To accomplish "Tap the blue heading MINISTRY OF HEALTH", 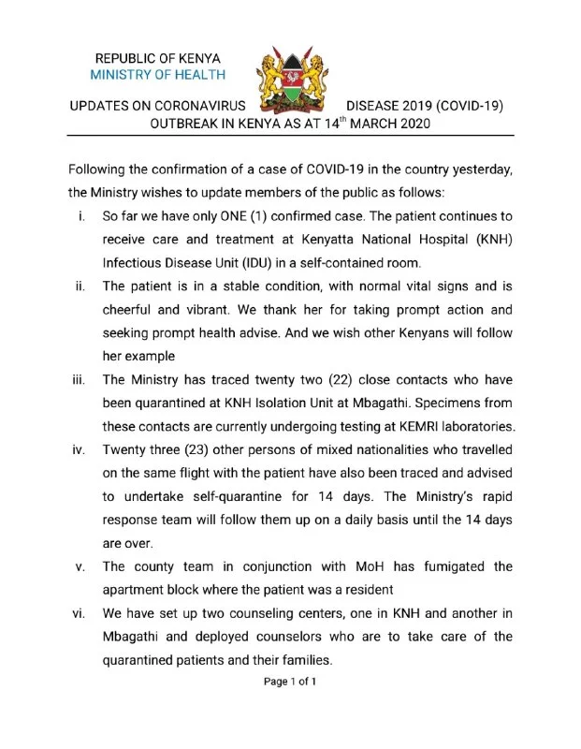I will click(x=158, y=75).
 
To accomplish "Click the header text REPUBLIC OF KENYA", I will click(x=158, y=57).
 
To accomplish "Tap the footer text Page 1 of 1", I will click(x=290, y=682).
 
